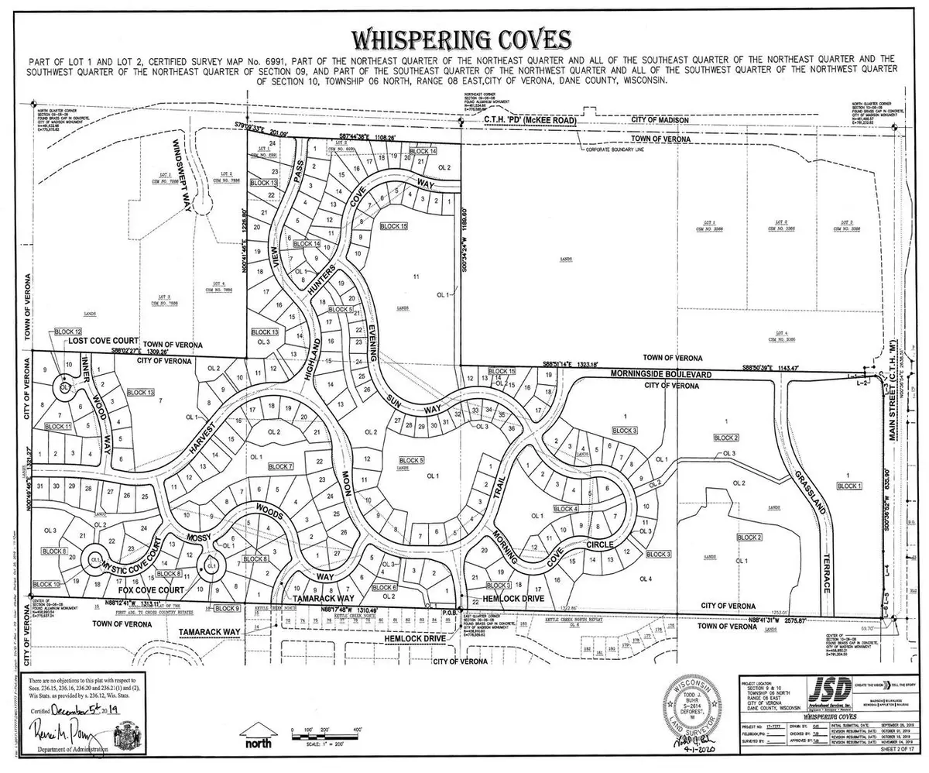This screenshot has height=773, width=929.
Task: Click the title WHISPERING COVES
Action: pos(461,40)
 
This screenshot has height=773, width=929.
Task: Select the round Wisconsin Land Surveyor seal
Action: pos(701,709)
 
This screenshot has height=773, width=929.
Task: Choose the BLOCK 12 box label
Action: pos(67,332)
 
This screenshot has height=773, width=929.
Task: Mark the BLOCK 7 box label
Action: pos(279,466)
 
